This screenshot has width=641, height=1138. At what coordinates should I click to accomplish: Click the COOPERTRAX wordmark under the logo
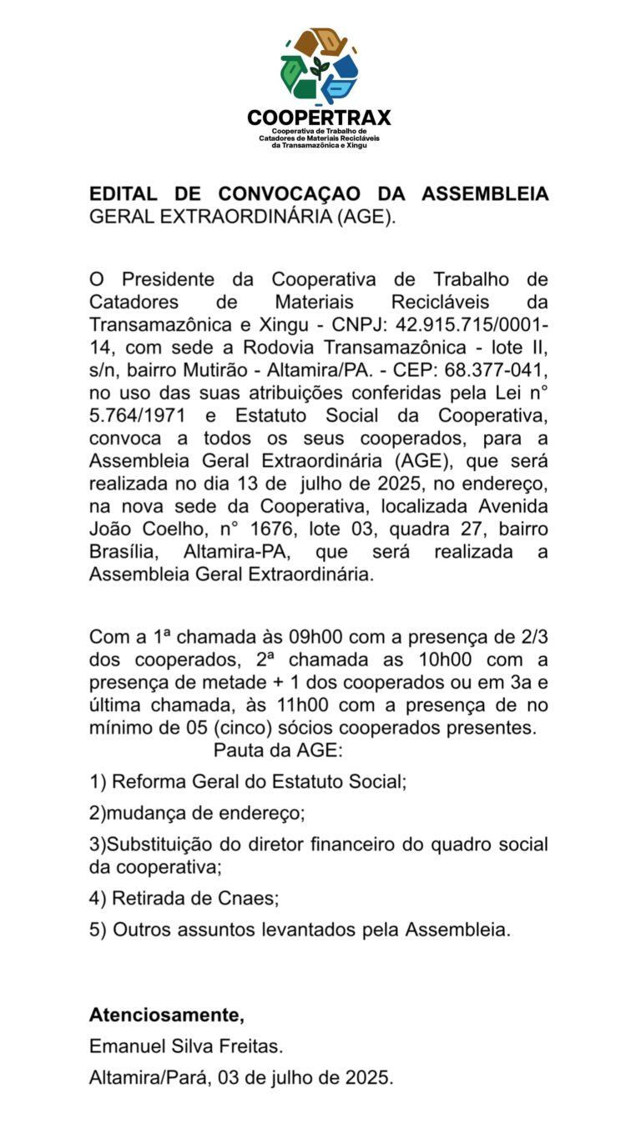(x=319, y=118)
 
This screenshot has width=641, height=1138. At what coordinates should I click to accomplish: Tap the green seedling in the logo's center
(x=319, y=68)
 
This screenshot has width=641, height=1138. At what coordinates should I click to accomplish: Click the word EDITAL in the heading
(x=123, y=194)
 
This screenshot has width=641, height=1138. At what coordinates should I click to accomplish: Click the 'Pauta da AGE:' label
(x=278, y=749)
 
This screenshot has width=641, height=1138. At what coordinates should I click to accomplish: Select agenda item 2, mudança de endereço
(x=197, y=812)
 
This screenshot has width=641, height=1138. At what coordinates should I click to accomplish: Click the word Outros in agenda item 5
(x=142, y=930)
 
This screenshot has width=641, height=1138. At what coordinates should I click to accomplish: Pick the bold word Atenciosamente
(x=166, y=1015)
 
